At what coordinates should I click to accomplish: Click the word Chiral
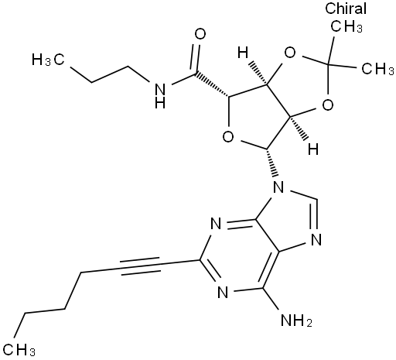(x=346, y=9)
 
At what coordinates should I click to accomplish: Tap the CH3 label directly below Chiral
(x=346, y=26)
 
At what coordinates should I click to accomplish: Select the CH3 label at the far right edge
(x=378, y=69)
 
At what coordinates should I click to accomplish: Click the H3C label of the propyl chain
(x=48, y=60)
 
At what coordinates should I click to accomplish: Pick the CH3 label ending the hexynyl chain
(x=19, y=349)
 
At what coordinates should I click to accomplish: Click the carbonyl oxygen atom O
(x=200, y=34)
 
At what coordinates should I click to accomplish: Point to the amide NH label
(x=160, y=96)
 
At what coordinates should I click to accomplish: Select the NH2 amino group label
(x=296, y=321)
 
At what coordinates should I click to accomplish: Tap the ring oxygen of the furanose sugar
(x=228, y=136)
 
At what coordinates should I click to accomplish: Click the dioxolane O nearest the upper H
(x=290, y=53)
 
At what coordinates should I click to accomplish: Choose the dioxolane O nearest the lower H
(x=328, y=105)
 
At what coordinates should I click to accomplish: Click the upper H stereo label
(x=243, y=53)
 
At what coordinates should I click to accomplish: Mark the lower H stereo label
(x=313, y=149)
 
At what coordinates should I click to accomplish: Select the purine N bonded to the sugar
(x=278, y=187)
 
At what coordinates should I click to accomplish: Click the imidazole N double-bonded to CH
(x=316, y=239)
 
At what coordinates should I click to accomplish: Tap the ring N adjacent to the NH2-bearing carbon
(x=223, y=292)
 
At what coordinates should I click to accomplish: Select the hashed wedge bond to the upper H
(x=258, y=73)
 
